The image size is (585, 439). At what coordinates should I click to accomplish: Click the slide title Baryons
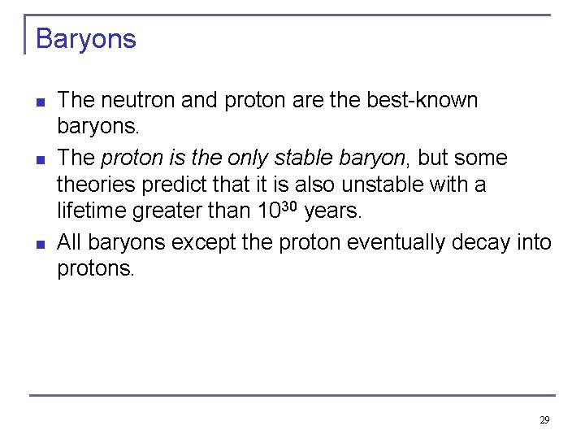(x=86, y=39)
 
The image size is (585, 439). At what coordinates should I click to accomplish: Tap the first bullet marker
(x=40, y=102)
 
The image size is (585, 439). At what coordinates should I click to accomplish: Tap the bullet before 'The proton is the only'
(x=40, y=159)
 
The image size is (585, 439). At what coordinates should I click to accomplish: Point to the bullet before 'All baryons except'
(x=40, y=243)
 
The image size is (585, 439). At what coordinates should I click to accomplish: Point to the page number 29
(x=544, y=420)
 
